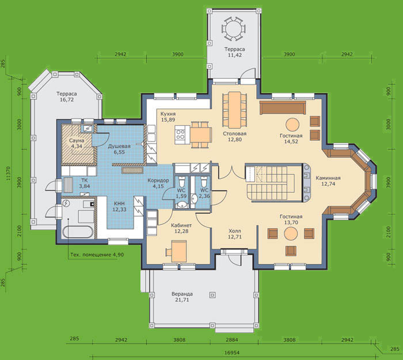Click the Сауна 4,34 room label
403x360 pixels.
tap(77, 144)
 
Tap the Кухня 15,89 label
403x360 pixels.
tap(168, 117)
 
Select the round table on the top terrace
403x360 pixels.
tap(234, 29)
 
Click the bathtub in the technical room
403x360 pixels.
tap(78, 232)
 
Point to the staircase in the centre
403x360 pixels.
tap(273, 182)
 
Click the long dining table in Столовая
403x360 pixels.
tap(234, 110)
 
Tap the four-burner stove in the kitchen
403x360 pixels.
tap(180, 134)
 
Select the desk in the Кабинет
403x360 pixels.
tap(179, 251)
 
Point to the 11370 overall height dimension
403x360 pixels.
tap(8, 174)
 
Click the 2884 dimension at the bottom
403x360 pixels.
tap(232, 340)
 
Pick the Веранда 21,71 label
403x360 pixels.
tap(183, 297)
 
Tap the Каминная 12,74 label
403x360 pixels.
tap(328, 181)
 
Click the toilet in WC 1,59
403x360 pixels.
tap(182, 182)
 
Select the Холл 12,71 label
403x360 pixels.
tap(235, 233)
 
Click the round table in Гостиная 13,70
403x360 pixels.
tap(291, 233)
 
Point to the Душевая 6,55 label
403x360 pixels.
tap(119, 149)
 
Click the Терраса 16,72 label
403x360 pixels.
tap(67, 97)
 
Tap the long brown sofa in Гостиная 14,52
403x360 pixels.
tap(283, 108)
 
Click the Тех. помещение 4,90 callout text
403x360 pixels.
tap(97, 255)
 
